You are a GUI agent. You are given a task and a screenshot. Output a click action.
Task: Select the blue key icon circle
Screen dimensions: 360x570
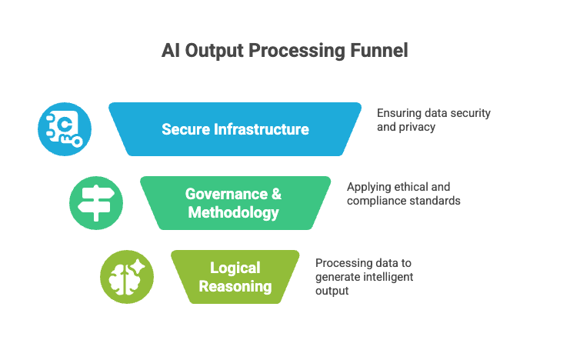pos(65,129)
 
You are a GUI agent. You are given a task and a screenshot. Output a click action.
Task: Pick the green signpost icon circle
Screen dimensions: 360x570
pos(96,203)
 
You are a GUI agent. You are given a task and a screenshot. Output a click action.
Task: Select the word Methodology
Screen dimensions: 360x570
pos(234,212)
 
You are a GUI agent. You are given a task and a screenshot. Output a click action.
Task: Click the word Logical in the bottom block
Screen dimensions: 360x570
pos(235,268)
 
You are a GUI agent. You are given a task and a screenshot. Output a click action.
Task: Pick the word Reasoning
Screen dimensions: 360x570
pos(235,286)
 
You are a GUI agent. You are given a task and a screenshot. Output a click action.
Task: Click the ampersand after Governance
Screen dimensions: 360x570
pos(276,194)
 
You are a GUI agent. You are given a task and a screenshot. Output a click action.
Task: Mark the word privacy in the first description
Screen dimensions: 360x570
pos(417,126)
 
